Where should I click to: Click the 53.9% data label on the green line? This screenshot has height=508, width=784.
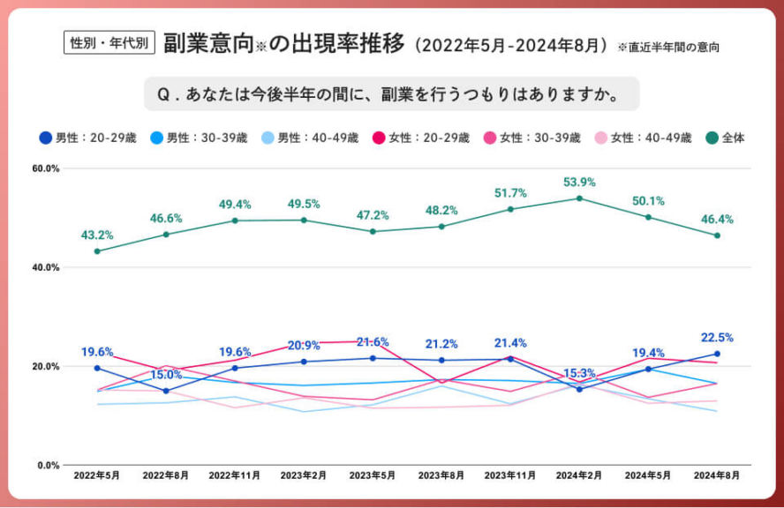[x=579, y=183]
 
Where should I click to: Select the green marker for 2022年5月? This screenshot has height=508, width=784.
[x=97, y=251]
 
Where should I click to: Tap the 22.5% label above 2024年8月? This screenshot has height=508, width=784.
[x=716, y=338]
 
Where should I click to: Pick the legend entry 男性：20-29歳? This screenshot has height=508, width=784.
[x=87, y=138]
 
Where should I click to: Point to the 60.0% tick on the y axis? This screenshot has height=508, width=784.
[x=46, y=168]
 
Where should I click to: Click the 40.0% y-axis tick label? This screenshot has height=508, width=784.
[x=46, y=267]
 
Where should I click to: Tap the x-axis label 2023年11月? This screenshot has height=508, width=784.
[x=509, y=475]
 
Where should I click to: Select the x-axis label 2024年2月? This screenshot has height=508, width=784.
[x=579, y=475]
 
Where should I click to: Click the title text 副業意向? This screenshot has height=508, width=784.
[x=208, y=42]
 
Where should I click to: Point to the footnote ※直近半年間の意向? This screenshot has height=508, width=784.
[x=667, y=47]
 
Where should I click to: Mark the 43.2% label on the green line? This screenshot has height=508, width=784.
[x=97, y=235]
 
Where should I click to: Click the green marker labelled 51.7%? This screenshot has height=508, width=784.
[x=510, y=209]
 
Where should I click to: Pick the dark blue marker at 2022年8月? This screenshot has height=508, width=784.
[x=166, y=391]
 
